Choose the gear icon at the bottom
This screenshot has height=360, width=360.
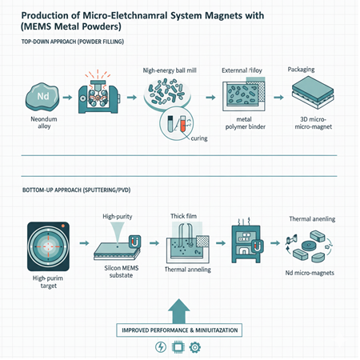coord(195,348)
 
